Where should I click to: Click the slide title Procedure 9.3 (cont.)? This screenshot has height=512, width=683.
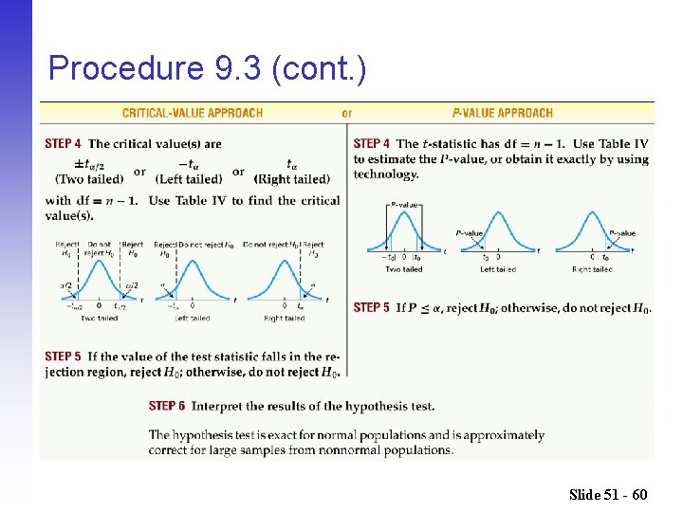[207, 68]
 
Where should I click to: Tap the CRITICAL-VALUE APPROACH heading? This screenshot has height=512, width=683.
[193, 113]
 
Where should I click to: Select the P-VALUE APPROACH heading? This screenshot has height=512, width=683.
[502, 113]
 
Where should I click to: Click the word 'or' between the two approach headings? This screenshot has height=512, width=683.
[347, 113]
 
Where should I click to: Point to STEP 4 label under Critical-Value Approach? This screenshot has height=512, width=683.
[63, 144]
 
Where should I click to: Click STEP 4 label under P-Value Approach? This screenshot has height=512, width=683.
[372, 144]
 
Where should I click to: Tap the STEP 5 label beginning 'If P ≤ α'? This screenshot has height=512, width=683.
[372, 308]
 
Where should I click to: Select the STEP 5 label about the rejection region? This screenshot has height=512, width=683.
[63, 357]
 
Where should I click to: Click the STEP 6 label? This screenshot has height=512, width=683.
[167, 406]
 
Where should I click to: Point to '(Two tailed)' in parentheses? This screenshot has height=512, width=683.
[89, 179]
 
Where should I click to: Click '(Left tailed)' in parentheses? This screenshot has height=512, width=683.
[190, 179]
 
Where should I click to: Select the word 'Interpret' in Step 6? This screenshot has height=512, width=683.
[218, 406]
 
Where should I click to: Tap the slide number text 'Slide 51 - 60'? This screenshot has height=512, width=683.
[608, 494]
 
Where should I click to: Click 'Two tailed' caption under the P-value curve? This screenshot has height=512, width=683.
[404, 269]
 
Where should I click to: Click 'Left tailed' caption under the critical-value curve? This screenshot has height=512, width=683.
[193, 319]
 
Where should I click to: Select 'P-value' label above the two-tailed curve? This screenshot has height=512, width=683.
[404, 204]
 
